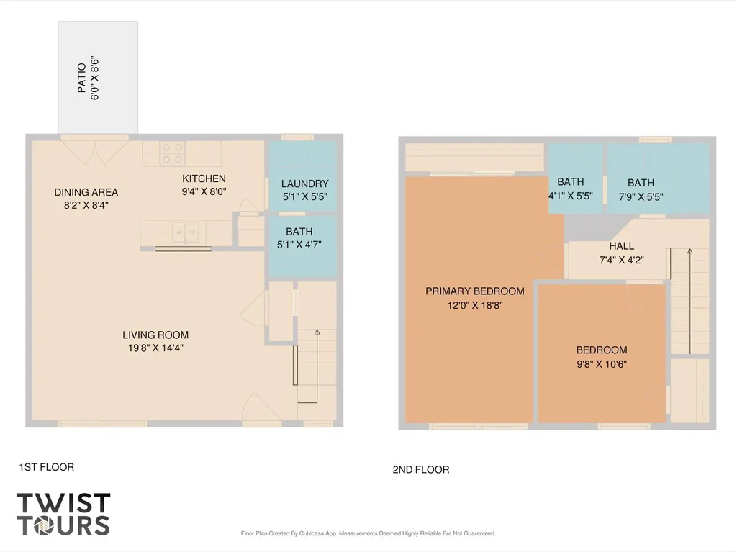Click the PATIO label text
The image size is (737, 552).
point(82,78)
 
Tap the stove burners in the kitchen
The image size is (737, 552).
point(171,153)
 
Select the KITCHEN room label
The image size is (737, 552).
point(204,178)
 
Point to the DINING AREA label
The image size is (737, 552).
point(86,192)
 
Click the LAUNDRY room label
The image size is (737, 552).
point(304,184)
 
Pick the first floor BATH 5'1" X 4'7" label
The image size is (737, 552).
point(299,238)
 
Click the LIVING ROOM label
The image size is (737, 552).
point(155,335)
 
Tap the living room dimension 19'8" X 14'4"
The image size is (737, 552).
point(155,348)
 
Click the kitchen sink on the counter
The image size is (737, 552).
point(185,231)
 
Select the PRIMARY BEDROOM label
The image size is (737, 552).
point(475,291)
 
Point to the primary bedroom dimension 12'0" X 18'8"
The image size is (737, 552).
point(475,306)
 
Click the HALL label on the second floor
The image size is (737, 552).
point(621,246)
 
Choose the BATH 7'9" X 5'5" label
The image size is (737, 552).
point(641,190)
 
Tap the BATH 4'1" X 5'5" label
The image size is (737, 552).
point(571,189)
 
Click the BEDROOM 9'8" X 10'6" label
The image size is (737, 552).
point(602,357)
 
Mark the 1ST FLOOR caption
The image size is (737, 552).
point(47,467)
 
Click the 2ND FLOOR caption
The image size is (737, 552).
point(420,470)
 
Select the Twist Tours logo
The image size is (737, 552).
point(63,514)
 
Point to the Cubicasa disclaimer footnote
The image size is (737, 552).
point(368,534)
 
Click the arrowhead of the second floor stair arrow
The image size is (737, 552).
point(689,252)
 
